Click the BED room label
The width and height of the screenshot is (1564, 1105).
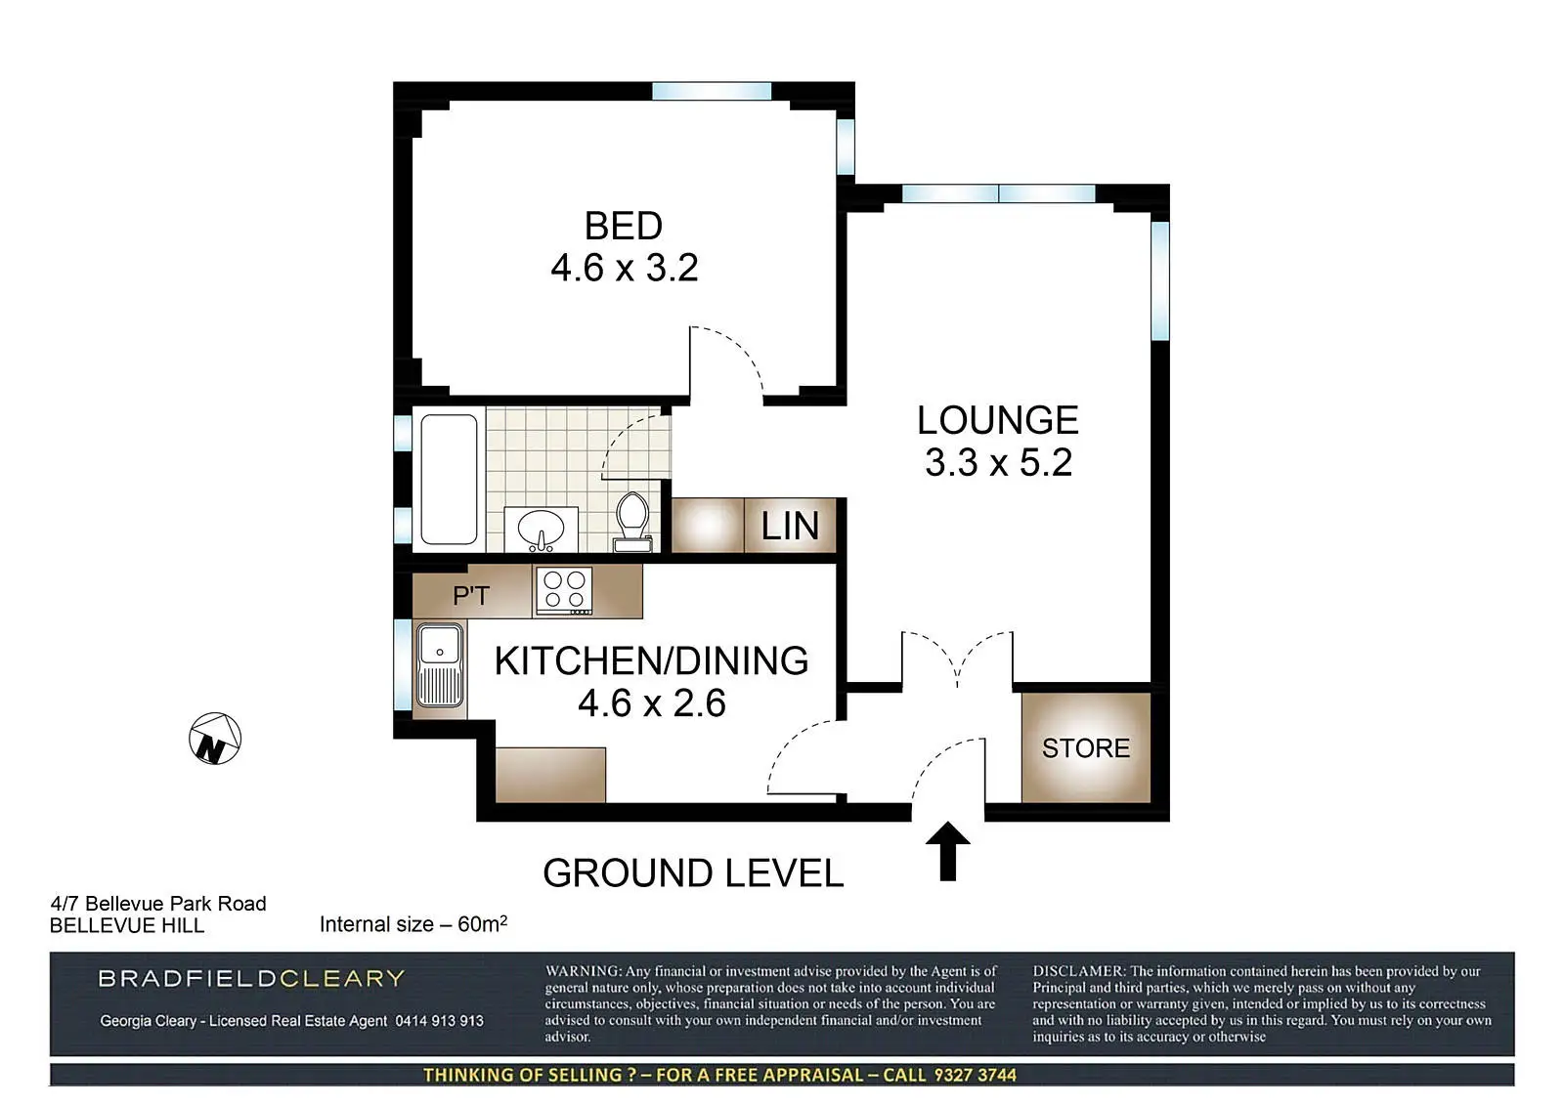(x=623, y=226)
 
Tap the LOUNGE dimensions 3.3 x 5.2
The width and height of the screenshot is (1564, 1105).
(x=998, y=462)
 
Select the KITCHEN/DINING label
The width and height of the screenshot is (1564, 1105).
(x=651, y=661)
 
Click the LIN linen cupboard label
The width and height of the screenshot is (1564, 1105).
(x=790, y=526)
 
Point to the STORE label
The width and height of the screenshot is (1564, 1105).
(x=1086, y=748)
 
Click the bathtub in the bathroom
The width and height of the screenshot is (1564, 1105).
(x=449, y=480)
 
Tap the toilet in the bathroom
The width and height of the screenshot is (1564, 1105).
(x=632, y=521)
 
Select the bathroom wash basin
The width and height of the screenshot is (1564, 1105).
(x=542, y=530)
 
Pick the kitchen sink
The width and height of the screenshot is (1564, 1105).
(x=440, y=665)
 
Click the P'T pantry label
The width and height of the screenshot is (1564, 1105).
(x=471, y=595)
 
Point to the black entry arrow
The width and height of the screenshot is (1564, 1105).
(x=947, y=851)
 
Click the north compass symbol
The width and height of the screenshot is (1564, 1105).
(x=215, y=739)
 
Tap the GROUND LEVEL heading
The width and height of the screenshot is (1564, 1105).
(x=693, y=872)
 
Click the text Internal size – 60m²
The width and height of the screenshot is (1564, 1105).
(x=413, y=923)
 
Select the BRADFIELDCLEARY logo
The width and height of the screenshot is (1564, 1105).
(x=251, y=978)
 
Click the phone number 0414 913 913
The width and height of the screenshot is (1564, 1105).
(x=439, y=1021)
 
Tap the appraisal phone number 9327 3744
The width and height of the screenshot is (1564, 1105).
(x=976, y=1075)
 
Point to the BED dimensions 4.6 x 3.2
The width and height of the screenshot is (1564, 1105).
(x=625, y=268)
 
